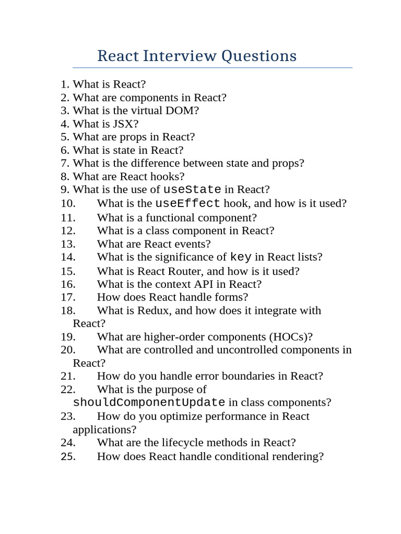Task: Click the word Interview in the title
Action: point(180,56)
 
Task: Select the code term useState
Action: point(192,189)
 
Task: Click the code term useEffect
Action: point(188,203)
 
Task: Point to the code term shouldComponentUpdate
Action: point(149,403)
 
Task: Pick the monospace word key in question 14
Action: point(241,257)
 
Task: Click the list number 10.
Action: point(68,203)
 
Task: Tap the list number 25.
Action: point(68,456)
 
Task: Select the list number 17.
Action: point(68,297)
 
